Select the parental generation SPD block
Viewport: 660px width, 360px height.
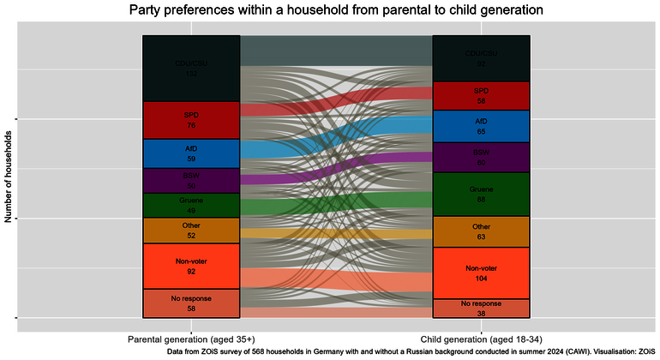[x=191, y=120]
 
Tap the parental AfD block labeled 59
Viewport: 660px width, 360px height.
[x=191, y=153]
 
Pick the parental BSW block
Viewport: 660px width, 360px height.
[x=191, y=180]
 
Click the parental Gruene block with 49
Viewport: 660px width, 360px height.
[x=191, y=206]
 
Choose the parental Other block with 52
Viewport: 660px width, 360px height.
[x=191, y=231]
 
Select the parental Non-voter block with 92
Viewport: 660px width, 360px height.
[x=191, y=266]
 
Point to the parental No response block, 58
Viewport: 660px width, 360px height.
[x=191, y=303]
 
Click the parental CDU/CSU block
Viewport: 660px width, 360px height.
[x=191, y=69]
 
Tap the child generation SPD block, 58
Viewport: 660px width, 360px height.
[x=481, y=96]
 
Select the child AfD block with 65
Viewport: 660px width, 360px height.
[x=481, y=126]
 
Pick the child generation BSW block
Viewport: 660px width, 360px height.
[x=481, y=157]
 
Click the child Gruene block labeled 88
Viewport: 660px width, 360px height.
[x=481, y=194]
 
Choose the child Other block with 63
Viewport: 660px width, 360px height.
[x=481, y=231]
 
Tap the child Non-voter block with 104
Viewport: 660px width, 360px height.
[x=481, y=273]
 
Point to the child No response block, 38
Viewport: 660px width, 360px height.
[x=481, y=309]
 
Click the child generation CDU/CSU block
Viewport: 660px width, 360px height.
[x=481, y=58]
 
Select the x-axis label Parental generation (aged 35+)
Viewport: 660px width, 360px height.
[x=191, y=338]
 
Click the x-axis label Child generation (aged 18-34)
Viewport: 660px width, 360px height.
[x=481, y=338]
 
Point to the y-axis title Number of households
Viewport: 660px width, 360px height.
[x=9, y=177]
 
